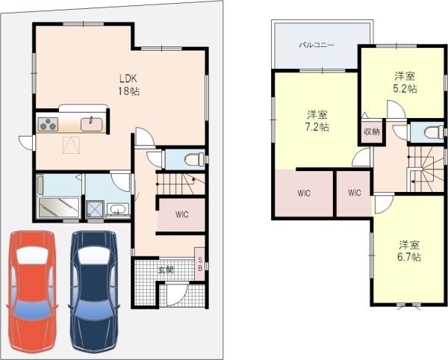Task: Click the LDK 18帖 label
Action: coord(128,84)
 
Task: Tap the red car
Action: coord(32,292)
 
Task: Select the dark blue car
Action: coord(94,292)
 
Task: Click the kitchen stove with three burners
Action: coord(48,124)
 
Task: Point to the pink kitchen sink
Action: coord(91,124)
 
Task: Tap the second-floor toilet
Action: coord(434,132)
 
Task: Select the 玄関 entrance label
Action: coord(166,270)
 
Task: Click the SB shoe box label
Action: coord(200,264)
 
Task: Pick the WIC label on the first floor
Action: coord(182,214)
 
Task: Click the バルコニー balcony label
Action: coord(317,45)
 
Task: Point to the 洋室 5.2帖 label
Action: coord(405,82)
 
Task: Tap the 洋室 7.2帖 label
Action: coord(317,120)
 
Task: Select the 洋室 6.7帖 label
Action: coord(409,251)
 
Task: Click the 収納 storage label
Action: coord(372,131)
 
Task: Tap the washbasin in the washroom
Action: coord(117,209)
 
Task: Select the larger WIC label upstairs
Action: coord(304,193)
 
